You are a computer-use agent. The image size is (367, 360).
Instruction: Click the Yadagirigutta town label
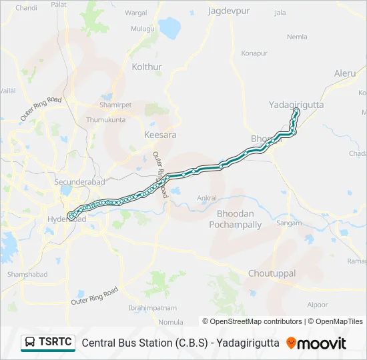point(296,105)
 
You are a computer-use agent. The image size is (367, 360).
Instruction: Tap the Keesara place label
point(160,135)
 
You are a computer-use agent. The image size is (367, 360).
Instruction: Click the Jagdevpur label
point(228,11)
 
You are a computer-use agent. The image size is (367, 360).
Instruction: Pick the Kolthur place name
point(147,67)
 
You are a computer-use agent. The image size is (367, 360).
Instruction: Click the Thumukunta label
point(105,120)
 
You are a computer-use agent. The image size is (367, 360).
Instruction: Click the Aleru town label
point(345,73)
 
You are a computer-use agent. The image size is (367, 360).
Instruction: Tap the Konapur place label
point(254,53)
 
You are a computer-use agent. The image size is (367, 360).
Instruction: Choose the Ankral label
point(207,198)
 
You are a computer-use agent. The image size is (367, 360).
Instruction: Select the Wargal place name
point(135,13)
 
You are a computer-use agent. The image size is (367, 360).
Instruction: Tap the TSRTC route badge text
point(55,343)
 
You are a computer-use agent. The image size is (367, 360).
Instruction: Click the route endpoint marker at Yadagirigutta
point(296,111)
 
